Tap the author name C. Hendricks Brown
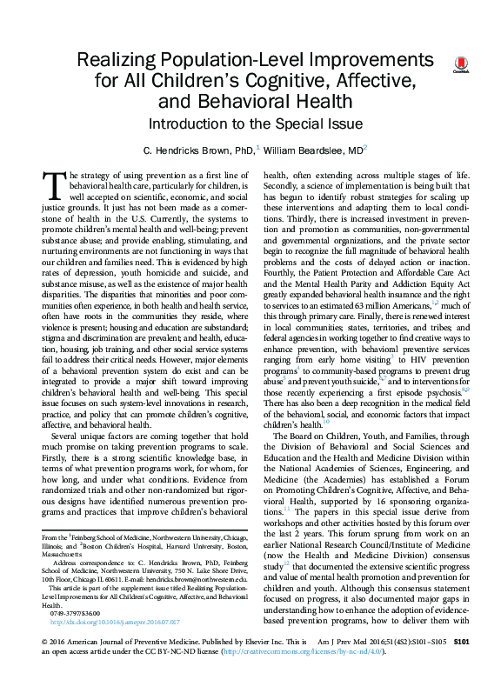(181, 150)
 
